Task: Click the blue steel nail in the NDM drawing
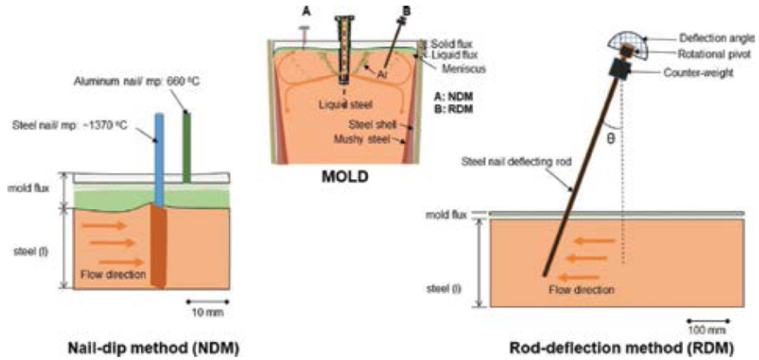(158, 154)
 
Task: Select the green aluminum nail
(187, 145)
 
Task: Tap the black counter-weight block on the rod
(621, 70)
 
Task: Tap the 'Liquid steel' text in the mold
(343, 105)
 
